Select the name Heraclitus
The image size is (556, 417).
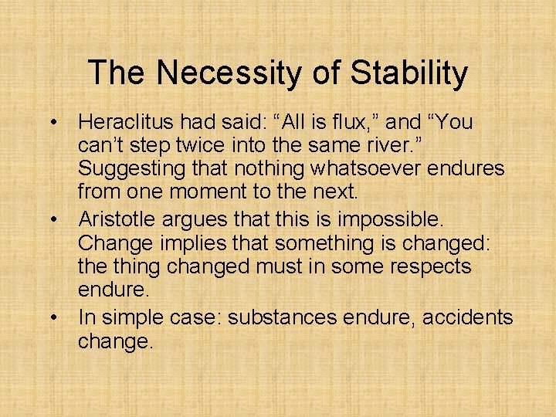coord(127,123)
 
